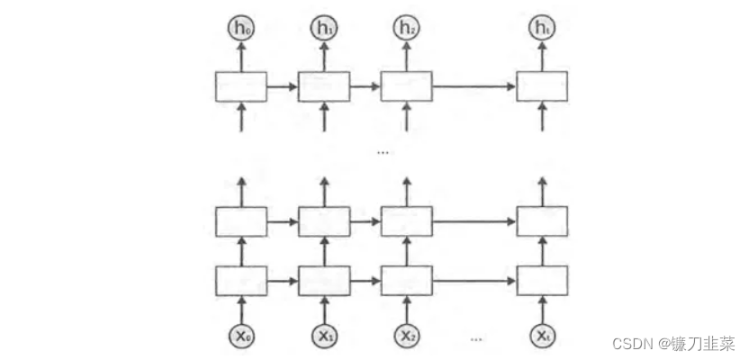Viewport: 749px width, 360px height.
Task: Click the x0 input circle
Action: (240, 336)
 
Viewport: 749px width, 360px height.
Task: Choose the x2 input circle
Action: (406, 336)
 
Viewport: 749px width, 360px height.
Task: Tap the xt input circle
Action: (541, 336)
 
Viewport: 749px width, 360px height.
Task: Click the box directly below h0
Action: (240, 86)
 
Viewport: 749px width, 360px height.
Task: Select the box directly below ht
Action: (541, 86)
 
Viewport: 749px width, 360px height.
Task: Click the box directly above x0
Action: (240, 280)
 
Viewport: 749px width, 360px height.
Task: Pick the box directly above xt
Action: (541, 280)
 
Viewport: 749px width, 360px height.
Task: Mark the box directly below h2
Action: (406, 86)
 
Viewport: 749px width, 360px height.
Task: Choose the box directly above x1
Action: (323, 280)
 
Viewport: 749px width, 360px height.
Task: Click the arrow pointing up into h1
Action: (323, 56)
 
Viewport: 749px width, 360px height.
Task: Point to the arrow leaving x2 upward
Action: (406, 308)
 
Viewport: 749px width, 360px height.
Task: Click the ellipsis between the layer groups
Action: (384, 153)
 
